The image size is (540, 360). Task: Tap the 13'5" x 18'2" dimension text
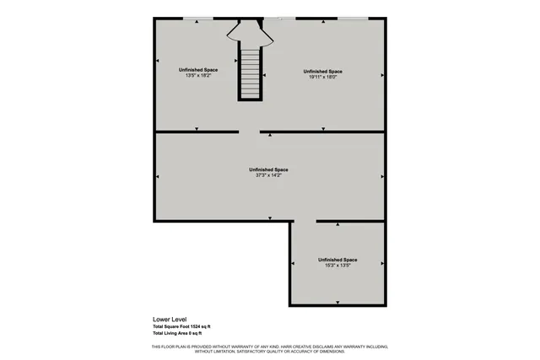click(x=195, y=75)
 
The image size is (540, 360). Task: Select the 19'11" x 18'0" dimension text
click(x=323, y=77)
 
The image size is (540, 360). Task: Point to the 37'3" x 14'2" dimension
click(x=269, y=175)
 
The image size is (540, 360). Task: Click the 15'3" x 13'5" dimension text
click(x=337, y=265)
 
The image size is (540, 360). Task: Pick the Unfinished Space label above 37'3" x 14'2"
click(x=269, y=169)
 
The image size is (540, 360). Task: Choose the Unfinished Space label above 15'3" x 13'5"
click(x=337, y=259)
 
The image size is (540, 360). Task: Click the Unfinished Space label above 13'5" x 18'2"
click(x=195, y=69)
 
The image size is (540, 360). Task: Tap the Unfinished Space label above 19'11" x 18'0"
click(x=323, y=71)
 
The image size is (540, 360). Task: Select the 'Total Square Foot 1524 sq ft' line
click(x=181, y=326)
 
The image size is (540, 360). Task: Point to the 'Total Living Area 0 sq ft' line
click(x=177, y=334)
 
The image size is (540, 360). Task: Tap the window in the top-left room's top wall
click(x=197, y=18)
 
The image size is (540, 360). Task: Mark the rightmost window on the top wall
click(x=353, y=18)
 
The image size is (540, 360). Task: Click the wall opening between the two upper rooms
click(x=249, y=132)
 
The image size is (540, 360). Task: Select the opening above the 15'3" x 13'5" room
click(x=304, y=221)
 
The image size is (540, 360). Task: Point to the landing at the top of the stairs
click(x=249, y=35)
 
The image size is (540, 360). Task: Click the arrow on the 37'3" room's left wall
click(x=158, y=176)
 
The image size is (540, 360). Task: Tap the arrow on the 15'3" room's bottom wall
click(x=337, y=302)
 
